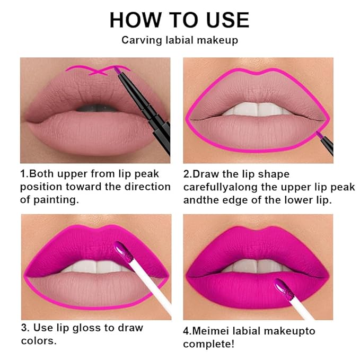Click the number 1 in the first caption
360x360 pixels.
coord(23,174)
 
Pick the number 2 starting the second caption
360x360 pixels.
coord(187,174)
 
